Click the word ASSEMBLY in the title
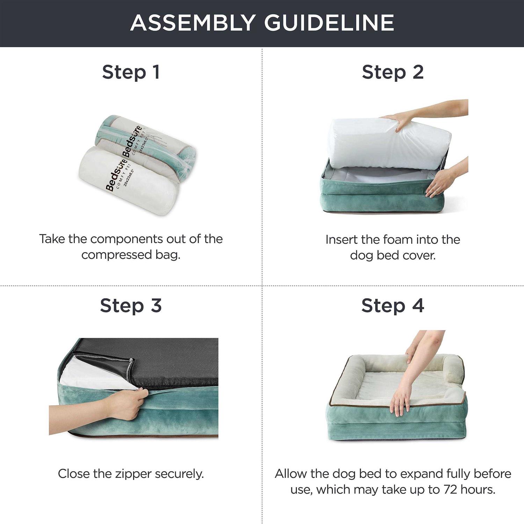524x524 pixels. [x=193, y=23]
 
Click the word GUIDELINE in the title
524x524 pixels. [x=329, y=23]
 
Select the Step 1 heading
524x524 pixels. [x=131, y=73]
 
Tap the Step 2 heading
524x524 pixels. [x=393, y=73]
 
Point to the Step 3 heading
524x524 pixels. [x=131, y=306]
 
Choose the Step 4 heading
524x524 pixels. [x=393, y=306]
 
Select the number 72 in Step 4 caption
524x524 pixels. [x=450, y=489]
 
